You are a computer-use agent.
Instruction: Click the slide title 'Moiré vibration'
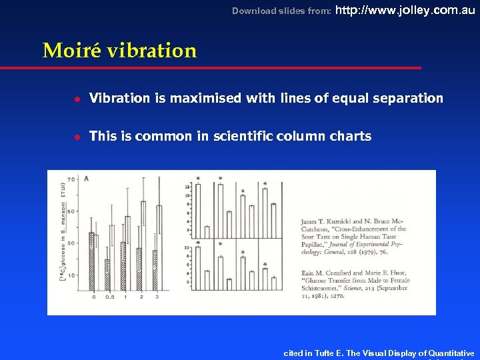point(119,51)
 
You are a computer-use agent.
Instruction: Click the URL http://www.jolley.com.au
point(404,10)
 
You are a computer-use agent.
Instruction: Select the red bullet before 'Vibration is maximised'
point(77,99)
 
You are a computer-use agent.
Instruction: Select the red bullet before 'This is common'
point(77,137)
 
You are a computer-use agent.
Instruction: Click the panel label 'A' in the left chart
point(86,179)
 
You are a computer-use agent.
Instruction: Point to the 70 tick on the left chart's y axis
point(71,180)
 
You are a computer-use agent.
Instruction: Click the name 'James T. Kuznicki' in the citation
point(325,221)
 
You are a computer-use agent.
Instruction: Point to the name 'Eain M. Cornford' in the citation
point(327,273)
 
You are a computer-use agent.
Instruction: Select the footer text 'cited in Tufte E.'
point(313,353)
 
